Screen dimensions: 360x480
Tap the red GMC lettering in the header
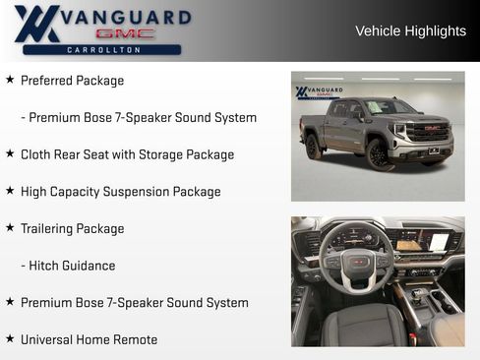(125, 33)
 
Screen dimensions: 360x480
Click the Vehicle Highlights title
(410, 30)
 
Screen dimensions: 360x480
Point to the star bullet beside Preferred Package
(10, 80)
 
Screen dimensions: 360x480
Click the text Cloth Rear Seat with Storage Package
(127, 154)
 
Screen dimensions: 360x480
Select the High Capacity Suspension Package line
(120, 192)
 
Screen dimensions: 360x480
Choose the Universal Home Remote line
(89, 339)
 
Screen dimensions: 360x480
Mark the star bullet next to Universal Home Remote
(10, 338)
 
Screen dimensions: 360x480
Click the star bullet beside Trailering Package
(10, 227)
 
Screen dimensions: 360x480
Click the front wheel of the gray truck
(380, 154)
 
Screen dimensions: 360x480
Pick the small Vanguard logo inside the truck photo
(320, 92)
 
